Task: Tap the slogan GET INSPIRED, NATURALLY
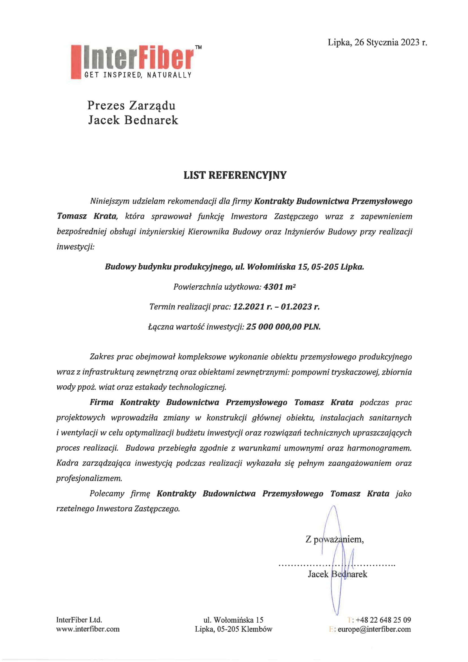pyautogui.click(x=138, y=75)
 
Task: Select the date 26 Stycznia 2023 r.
pyautogui.click(x=390, y=42)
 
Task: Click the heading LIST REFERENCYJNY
pyautogui.click(x=235, y=175)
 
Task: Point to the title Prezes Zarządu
pyautogui.click(x=131, y=106)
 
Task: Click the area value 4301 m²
pyautogui.click(x=280, y=287)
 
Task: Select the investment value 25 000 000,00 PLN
pyautogui.click(x=283, y=327)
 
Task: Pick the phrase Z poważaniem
pyautogui.click(x=334, y=545)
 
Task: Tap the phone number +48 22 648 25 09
pyautogui.click(x=383, y=620)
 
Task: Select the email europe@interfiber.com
pyautogui.click(x=374, y=629)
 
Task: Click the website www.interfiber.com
pyautogui.click(x=88, y=629)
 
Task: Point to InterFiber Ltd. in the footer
pyautogui.click(x=79, y=620)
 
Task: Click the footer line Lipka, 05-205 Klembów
pyautogui.click(x=233, y=629)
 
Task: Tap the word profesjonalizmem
pyautogui.click(x=89, y=478)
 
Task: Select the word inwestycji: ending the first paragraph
pyautogui.click(x=75, y=247)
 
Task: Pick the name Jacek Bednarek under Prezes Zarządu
pyautogui.click(x=133, y=120)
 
